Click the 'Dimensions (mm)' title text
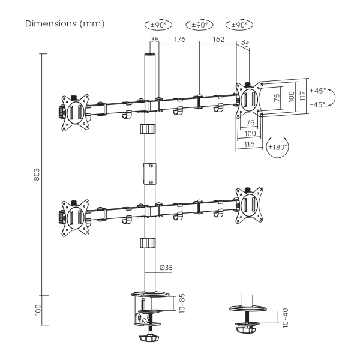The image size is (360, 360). (x=65, y=23)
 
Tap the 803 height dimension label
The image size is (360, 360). (x=37, y=175)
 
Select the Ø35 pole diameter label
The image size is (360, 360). (x=166, y=268)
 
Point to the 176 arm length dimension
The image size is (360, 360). (x=179, y=40)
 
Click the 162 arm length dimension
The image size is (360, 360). (x=218, y=40)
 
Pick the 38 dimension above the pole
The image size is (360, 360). (x=155, y=40)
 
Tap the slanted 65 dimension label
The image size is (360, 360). (x=245, y=44)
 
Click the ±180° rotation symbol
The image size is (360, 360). (x=278, y=147)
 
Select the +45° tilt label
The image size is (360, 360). (x=318, y=91)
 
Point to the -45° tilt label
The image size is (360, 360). (x=317, y=104)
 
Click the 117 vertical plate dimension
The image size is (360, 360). (x=303, y=96)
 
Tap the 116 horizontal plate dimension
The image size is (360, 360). (x=250, y=145)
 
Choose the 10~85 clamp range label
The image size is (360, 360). (x=182, y=303)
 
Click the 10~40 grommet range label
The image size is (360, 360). (x=285, y=318)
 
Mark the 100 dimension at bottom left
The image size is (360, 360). (x=38, y=310)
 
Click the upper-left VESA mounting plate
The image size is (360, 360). (x=76, y=113)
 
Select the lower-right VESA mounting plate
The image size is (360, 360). (x=250, y=205)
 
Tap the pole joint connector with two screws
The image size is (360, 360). (x=150, y=173)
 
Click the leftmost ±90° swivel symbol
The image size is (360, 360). (x=158, y=25)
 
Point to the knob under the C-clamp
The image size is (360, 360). (x=149, y=338)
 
